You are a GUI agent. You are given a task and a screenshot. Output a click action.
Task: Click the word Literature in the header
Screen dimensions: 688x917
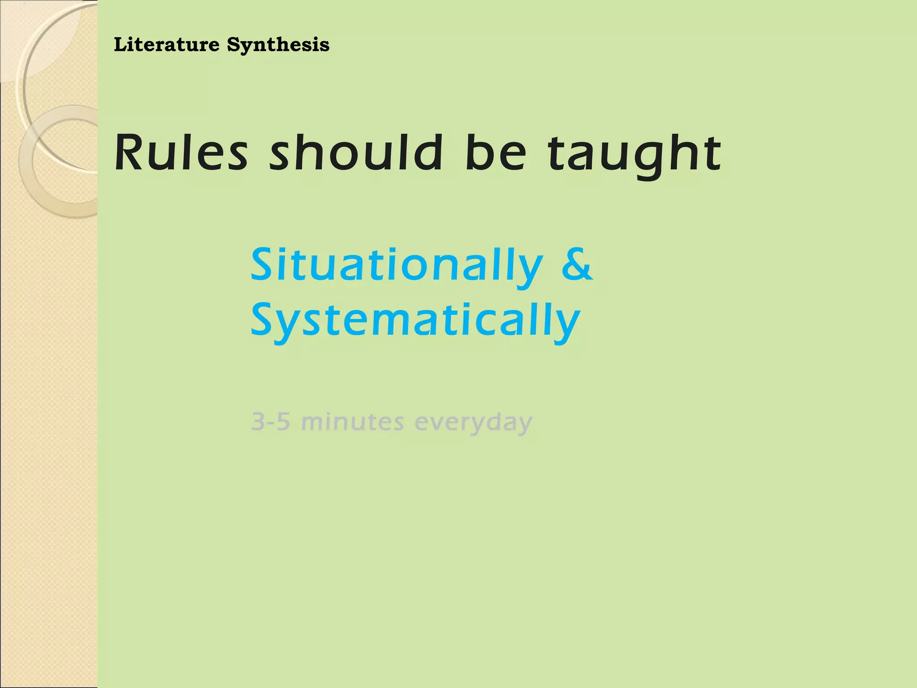point(167,45)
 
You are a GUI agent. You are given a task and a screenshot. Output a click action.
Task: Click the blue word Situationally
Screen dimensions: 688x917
point(397,265)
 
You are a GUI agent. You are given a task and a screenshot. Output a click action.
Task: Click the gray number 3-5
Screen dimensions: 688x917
point(270,421)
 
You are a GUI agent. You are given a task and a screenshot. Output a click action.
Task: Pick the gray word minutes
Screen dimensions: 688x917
point(352,421)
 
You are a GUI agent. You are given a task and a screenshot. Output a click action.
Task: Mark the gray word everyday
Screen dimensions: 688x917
point(473,422)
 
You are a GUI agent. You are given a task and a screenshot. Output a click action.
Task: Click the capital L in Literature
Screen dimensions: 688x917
point(120,45)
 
